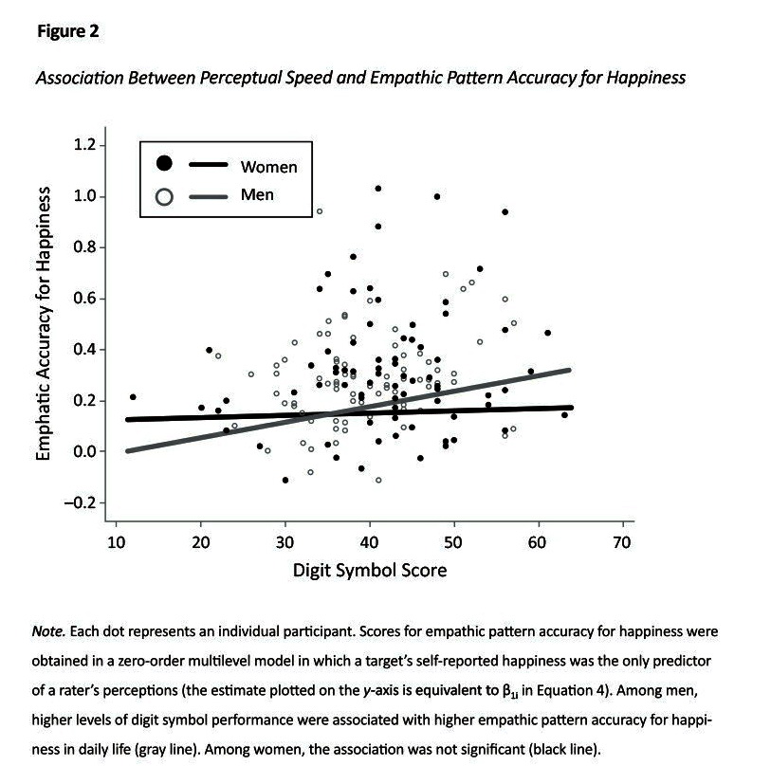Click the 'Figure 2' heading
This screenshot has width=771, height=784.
point(67,31)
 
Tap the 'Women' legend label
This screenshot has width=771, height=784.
point(268,167)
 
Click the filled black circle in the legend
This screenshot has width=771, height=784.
point(164,164)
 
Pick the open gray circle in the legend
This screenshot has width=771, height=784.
point(164,197)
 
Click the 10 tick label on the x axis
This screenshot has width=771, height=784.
point(116,541)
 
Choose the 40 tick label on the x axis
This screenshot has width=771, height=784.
point(370,541)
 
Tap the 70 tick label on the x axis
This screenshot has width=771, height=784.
point(623,541)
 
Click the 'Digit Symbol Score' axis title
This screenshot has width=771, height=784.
point(370,571)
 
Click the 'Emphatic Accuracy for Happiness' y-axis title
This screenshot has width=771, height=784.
point(43,322)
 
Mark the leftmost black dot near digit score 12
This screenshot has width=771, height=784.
point(133,396)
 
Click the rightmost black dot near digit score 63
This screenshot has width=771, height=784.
point(564,414)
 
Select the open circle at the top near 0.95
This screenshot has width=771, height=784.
point(320,210)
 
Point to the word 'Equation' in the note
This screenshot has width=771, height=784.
point(535,681)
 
